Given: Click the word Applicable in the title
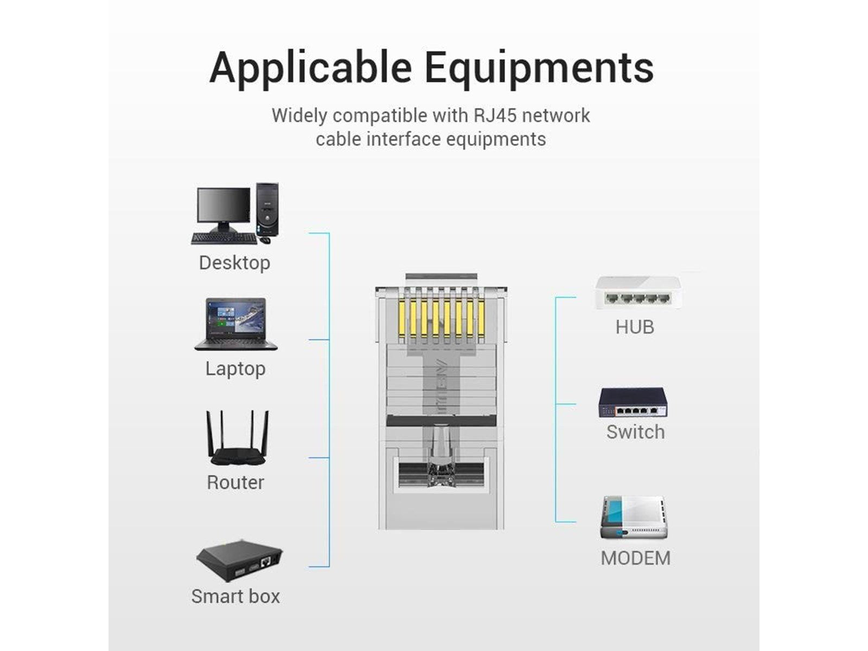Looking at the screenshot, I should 310,68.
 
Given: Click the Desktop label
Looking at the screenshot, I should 234,263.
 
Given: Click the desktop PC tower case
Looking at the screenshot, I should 267,209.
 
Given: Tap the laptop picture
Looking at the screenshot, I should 236,324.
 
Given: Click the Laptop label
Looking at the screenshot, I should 235,369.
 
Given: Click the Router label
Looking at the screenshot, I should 235,482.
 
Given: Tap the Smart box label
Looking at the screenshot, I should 235,596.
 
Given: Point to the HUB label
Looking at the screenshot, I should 635,327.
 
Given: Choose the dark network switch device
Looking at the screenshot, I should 633,403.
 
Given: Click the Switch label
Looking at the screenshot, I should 635,432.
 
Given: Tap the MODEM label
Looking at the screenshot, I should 635,558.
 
